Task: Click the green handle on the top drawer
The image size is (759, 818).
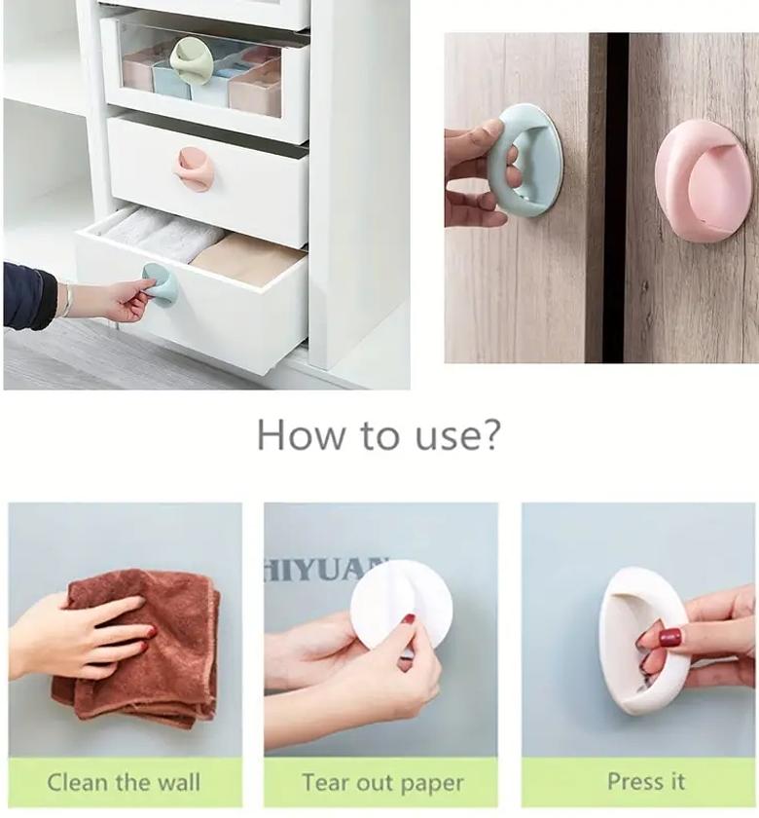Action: click(191, 60)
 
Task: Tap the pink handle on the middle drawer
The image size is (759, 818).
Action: click(195, 167)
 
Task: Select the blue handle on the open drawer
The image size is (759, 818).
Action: click(162, 284)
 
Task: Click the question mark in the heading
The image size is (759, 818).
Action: click(489, 434)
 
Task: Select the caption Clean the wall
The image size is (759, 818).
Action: click(124, 782)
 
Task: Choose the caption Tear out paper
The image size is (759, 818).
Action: click(381, 782)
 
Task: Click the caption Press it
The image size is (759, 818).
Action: click(645, 781)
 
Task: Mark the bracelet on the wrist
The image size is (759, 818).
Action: click(67, 300)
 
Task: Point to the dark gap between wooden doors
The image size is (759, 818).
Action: click(615, 195)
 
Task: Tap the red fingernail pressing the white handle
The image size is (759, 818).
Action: click(669, 638)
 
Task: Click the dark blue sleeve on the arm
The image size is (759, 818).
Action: click(29, 296)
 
